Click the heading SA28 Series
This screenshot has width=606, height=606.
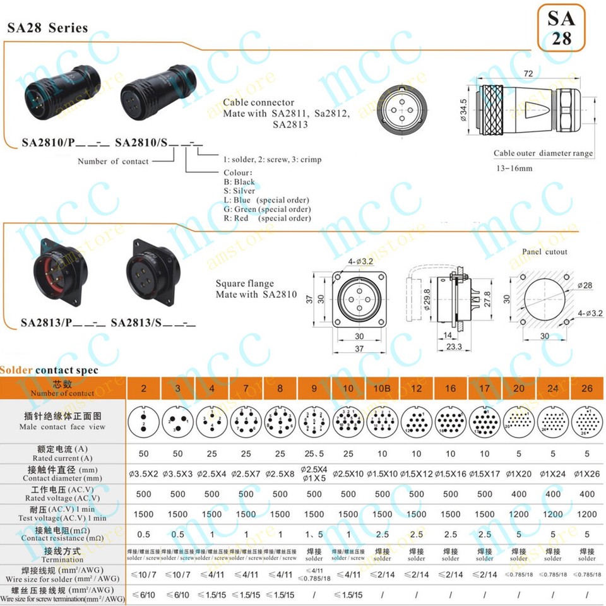coord(47,28)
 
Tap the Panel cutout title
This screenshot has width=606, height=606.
coord(544,252)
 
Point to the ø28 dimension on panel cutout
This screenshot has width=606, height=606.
coord(586,287)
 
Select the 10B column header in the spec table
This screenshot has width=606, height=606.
coord(382,388)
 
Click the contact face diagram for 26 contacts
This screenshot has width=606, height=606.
coord(586,422)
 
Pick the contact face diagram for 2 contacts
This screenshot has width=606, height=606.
coord(144,422)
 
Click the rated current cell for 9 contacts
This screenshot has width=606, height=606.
coord(314,454)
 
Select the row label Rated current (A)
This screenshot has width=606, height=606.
coord(63,453)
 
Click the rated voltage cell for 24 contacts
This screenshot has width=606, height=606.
coord(552,494)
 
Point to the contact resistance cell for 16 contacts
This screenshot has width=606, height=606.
coord(450,535)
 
